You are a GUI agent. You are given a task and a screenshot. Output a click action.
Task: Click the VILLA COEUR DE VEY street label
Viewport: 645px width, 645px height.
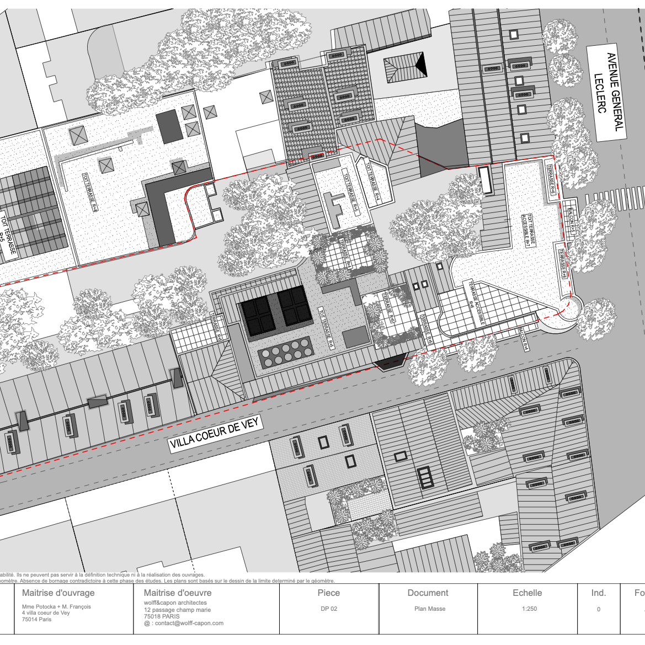coord(215,434)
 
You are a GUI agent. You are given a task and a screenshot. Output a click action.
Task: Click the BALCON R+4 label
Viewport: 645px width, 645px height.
coord(524,338)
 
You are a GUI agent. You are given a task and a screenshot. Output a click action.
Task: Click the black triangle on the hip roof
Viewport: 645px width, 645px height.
coord(421,66)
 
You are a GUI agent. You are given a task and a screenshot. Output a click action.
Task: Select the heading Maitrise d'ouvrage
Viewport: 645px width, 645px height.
coord(58,593)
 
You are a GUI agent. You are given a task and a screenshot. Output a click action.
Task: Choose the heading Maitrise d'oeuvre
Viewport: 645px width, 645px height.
coord(177,593)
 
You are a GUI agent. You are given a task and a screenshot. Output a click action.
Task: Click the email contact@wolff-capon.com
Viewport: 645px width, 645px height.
coord(184,623)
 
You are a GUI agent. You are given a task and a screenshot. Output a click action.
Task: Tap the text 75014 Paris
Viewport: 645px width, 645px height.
coord(36,619)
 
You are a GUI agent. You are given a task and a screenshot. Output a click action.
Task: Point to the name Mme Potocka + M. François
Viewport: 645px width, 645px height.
coord(56,606)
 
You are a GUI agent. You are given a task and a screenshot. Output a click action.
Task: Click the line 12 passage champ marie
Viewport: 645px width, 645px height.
coord(177,610)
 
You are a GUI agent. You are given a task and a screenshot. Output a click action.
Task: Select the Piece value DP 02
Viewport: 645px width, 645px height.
coord(329,609)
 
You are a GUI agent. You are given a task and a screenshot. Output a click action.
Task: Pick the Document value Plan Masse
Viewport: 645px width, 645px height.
coord(429,609)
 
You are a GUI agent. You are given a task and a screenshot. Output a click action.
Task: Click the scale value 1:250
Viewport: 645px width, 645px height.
coord(529,609)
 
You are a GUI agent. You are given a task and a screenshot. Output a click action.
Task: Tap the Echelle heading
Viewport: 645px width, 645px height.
coord(527,593)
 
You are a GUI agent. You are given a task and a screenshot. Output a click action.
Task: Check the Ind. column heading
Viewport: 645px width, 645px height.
coord(599,593)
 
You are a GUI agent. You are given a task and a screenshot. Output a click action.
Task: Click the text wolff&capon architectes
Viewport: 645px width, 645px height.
coord(175,603)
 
